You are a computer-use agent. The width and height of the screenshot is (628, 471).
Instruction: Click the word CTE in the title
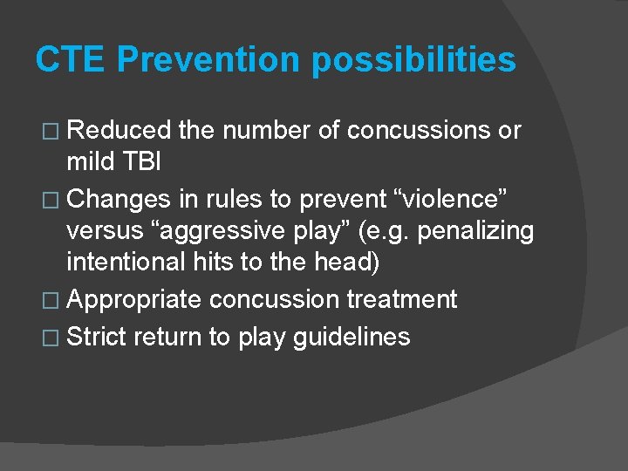[70, 59]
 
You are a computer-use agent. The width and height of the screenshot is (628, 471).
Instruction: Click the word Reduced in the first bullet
[119, 131]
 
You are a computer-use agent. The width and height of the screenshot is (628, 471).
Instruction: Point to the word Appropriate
[134, 300]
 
